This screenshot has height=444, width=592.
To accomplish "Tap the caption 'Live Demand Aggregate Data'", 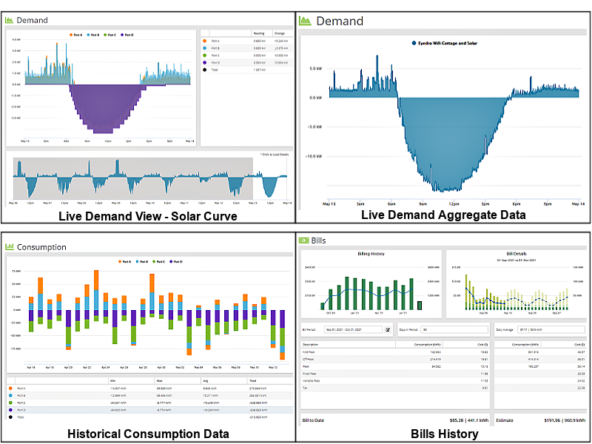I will tap(443, 215).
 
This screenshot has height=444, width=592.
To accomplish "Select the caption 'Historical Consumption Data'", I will tap(147, 434).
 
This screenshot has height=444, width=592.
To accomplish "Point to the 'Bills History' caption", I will tap(444, 434).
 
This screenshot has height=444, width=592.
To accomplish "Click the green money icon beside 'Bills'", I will tap(303, 240).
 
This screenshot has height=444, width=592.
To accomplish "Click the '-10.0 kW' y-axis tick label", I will tap(314, 157).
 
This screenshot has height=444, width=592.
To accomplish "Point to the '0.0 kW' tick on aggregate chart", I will tap(314, 97).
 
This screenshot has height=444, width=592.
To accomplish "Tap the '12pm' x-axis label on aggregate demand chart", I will tap(454, 203).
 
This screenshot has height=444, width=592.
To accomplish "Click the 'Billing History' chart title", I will tap(371, 254).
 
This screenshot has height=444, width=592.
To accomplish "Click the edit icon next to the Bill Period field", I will tap(388, 329).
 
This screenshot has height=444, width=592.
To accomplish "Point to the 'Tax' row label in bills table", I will tap(305, 387).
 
